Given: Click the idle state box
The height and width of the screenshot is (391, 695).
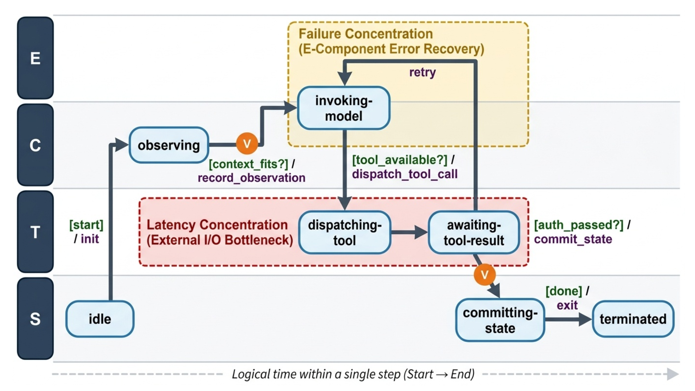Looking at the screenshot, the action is coord(100,319).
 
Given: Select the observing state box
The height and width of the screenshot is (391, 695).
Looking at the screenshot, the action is coord(169,145).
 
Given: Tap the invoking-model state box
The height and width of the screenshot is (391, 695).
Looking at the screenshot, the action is coord(344,108).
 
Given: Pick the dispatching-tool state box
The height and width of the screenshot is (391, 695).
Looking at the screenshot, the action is coord(345,232).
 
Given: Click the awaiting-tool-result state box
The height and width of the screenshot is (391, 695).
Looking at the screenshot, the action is coord(474,232).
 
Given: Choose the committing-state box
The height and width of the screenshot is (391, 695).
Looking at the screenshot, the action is coord(500,320).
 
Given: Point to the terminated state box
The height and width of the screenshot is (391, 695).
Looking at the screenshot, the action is coord(633,319).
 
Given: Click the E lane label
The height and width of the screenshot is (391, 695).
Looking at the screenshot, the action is coord(35,58).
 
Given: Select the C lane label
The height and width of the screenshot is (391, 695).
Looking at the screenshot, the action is coord(35,145).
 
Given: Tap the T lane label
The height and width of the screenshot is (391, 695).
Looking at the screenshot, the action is coord(35,232).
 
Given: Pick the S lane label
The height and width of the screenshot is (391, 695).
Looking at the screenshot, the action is coord(35,319).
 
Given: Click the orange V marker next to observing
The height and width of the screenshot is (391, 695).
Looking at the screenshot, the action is coord(247,144).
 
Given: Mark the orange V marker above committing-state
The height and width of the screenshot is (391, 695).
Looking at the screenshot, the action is coord(484,275).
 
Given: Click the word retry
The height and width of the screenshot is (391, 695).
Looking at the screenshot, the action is coord(422,72).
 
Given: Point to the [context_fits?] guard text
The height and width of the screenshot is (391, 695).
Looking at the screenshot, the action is coord(248,164).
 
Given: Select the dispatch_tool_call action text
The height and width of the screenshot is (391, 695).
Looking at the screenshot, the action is coord(405,174).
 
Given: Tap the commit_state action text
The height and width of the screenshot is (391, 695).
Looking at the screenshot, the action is coord(573,239).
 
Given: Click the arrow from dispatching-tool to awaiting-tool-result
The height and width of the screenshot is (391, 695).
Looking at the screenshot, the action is coord(410,232).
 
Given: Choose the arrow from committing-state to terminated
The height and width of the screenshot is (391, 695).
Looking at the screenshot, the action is coord(568,319).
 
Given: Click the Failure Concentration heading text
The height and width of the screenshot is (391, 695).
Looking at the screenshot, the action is coord(366,34).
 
